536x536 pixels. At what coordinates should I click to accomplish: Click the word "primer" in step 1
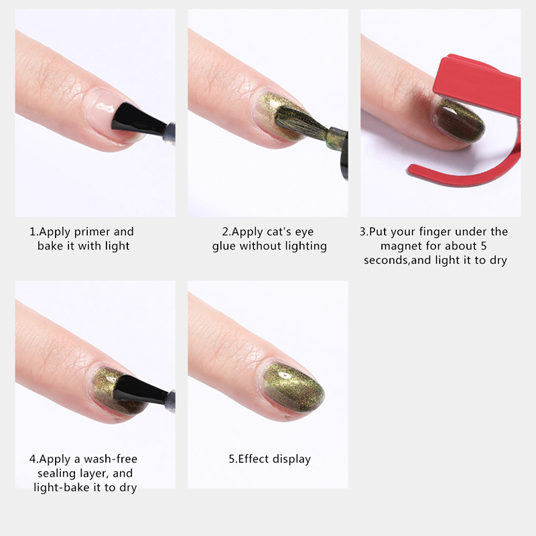(92, 232)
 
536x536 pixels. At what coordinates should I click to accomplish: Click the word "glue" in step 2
(224, 247)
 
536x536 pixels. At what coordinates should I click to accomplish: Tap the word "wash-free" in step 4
(111, 459)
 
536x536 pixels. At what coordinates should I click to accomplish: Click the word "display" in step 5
(291, 459)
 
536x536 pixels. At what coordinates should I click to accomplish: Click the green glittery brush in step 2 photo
(301, 124)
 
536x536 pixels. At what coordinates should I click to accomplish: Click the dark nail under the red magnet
(458, 121)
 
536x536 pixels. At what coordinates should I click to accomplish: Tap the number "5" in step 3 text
(483, 246)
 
